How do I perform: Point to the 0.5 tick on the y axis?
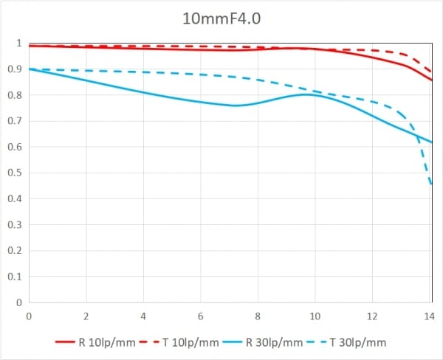click(15, 173)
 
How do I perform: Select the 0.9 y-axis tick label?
click(15, 69)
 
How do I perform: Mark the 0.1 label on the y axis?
click(15, 277)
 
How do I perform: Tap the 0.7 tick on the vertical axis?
click(15, 121)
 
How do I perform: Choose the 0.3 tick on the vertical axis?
click(15, 225)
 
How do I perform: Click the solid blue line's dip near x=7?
click(235, 105)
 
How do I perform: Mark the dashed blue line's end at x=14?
click(431, 184)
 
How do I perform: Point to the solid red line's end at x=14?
click(431, 80)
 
